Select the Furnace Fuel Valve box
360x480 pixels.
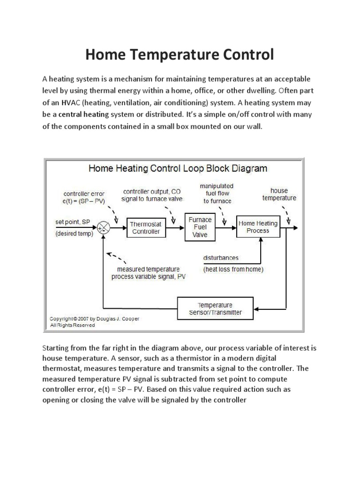pyautogui.click(x=200, y=227)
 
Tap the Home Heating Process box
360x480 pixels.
pyautogui.click(x=257, y=227)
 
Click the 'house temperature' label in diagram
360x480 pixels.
pyautogui.click(x=279, y=194)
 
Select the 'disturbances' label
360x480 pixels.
pyautogui.click(x=221, y=258)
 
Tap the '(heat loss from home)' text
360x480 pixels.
pyautogui.click(x=233, y=270)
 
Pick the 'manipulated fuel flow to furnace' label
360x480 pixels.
pyautogui.click(x=217, y=193)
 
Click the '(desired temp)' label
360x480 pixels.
pyautogui.click(x=74, y=233)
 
